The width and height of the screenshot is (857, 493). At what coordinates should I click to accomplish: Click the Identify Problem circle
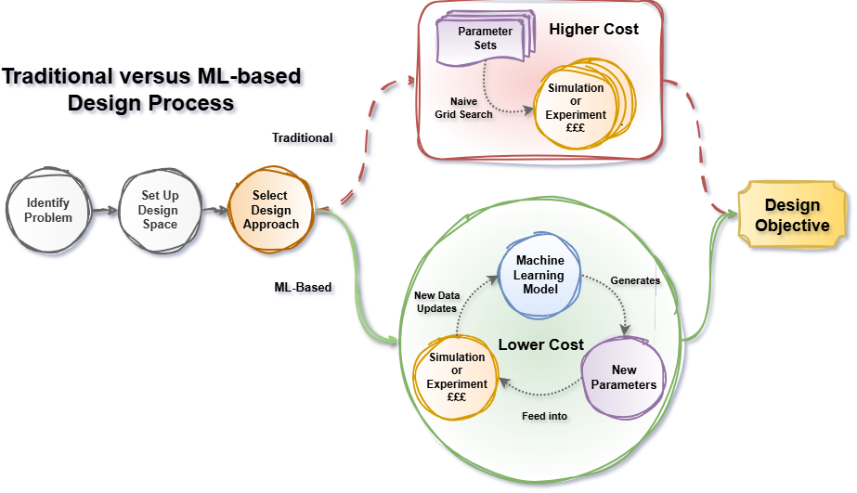click(48, 210)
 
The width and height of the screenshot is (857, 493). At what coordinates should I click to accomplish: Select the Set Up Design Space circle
click(160, 210)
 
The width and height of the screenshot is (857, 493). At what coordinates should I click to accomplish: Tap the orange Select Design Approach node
click(270, 210)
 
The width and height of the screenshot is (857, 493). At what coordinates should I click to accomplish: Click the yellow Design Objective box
click(791, 215)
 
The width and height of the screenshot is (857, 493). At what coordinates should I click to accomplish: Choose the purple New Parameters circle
click(623, 377)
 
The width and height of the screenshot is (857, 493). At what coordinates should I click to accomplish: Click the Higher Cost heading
click(593, 30)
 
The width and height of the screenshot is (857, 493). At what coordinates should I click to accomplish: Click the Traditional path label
click(302, 137)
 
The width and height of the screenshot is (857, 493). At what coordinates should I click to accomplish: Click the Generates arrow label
click(634, 279)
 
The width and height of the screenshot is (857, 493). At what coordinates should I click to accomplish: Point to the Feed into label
click(544, 416)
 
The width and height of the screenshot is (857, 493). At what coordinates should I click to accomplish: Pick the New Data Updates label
click(435, 302)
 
